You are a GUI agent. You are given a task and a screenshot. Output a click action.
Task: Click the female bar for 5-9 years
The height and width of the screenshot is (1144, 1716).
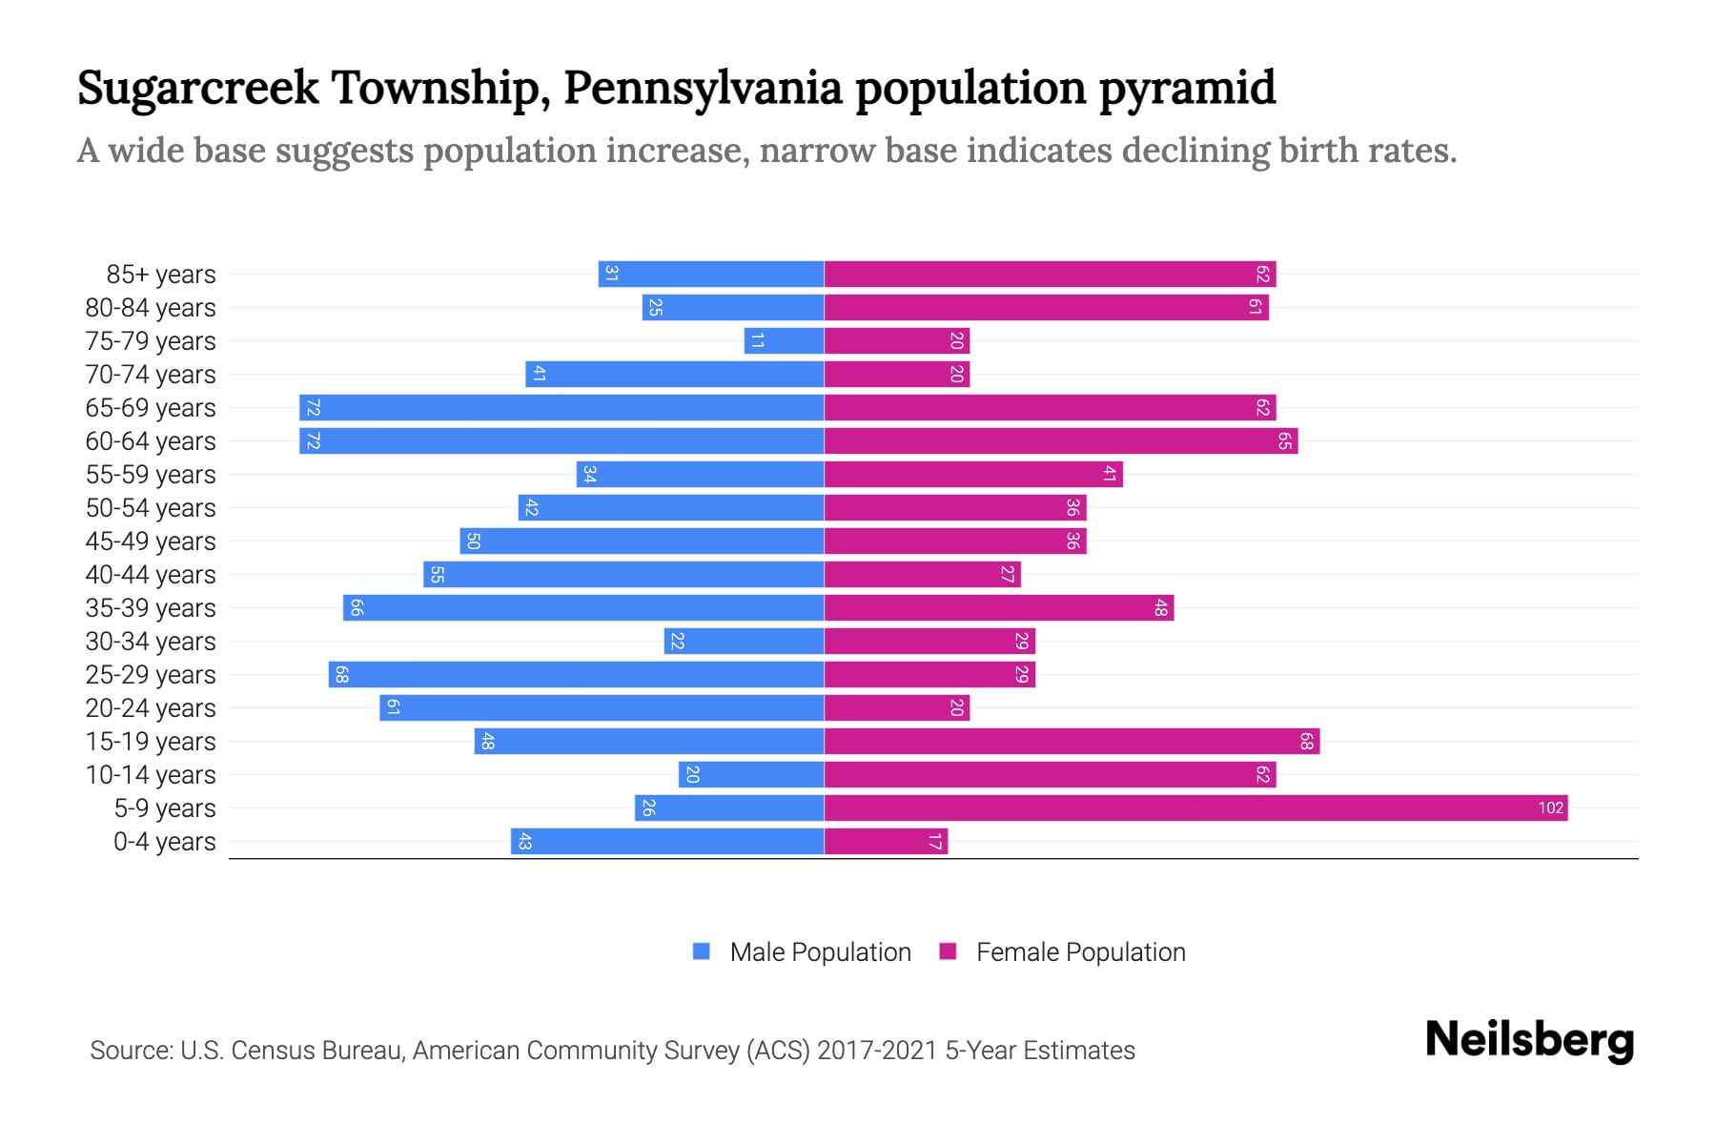(x=1195, y=808)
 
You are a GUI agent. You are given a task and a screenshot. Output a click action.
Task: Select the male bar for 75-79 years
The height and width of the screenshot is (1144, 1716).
(x=784, y=341)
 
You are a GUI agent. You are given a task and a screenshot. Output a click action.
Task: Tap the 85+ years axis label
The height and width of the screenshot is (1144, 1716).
(x=160, y=275)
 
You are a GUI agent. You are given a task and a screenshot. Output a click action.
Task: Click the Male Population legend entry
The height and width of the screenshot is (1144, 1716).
(x=801, y=952)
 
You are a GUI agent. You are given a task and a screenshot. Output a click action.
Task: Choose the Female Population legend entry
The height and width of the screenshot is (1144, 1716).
(x=1062, y=952)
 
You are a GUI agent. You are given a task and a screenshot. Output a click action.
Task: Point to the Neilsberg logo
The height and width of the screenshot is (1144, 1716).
(x=1529, y=1040)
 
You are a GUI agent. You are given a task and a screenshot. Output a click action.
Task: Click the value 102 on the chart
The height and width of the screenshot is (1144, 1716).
(x=1550, y=808)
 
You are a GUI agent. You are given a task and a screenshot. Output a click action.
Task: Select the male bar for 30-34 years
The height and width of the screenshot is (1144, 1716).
(x=744, y=642)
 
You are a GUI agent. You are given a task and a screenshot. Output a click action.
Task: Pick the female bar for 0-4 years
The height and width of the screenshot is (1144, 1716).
(x=886, y=842)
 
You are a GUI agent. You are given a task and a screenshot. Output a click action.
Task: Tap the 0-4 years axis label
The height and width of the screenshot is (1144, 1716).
(x=164, y=842)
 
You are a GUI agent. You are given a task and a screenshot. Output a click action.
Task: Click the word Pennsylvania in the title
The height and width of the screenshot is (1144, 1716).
(x=703, y=89)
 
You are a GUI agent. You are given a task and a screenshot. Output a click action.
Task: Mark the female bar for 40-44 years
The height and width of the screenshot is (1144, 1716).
(x=922, y=575)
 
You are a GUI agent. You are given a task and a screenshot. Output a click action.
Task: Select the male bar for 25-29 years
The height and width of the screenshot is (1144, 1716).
(x=576, y=675)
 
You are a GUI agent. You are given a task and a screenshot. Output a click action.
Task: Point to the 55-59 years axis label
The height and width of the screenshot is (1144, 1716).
(x=151, y=475)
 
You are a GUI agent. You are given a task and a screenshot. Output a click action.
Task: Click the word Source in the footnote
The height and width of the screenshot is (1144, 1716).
(x=130, y=1051)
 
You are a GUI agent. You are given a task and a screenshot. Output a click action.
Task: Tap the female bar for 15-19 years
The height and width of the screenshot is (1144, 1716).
(x=1072, y=742)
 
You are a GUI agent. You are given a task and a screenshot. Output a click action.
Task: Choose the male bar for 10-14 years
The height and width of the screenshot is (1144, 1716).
(x=751, y=775)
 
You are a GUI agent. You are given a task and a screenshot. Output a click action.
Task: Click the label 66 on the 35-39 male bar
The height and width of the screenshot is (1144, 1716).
(x=357, y=608)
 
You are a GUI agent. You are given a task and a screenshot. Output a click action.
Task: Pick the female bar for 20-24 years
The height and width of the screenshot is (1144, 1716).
(x=896, y=708)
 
